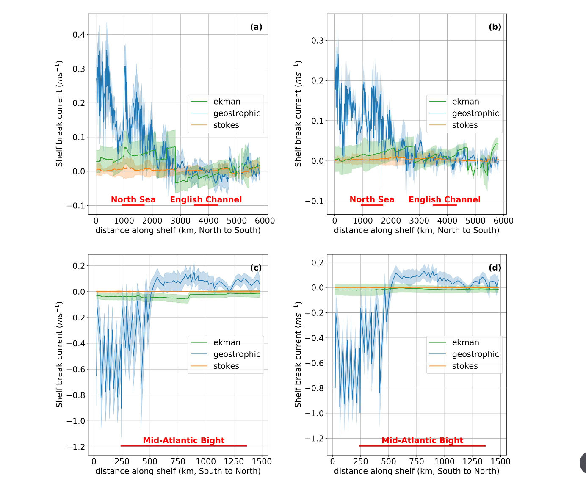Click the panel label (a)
(256, 27)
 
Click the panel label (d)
(495, 268)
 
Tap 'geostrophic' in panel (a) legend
(237, 113)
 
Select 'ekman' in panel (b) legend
(465, 102)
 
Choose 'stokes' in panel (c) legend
(226, 366)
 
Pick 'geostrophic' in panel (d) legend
(475, 354)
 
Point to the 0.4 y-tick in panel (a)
(79, 35)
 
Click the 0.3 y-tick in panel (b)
(318, 41)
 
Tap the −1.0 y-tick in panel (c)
(76, 421)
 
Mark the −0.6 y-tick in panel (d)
(315, 363)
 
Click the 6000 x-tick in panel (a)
(265, 221)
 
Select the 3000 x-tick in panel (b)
(419, 221)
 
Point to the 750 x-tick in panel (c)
(178, 461)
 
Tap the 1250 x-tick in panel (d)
(473, 461)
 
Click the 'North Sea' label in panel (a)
(133, 199)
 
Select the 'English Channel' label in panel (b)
(445, 199)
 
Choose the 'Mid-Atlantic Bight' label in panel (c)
(184, 440)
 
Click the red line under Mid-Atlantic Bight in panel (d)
(423, 446)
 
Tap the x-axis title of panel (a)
(178, 230)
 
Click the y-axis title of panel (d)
(298, 354)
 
